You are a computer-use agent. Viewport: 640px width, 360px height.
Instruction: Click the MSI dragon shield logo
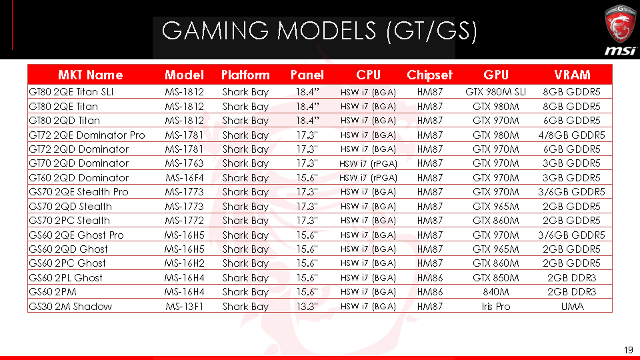coord(620,24)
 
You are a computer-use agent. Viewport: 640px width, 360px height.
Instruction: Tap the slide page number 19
coord(628,350)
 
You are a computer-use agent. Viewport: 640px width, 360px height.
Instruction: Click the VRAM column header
coord(572,75)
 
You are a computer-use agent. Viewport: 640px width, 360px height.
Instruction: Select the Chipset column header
coord(429,75)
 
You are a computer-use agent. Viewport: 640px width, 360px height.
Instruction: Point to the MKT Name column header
coord(90,75)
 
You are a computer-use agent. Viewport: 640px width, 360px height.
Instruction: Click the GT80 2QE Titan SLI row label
coord(71,92)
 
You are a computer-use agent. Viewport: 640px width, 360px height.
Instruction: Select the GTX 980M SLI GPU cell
coord(495,92)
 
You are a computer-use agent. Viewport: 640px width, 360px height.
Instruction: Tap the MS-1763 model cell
coord(184,163)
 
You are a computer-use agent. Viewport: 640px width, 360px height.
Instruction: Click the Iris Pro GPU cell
coord(495,307)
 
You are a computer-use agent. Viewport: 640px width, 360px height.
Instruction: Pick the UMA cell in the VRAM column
coord(572,307)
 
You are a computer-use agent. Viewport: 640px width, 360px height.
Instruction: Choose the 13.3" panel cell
coord(307,306)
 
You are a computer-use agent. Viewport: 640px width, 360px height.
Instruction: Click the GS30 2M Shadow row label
coord(70,307)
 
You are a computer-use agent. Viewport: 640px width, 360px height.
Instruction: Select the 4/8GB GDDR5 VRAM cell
coord(571,135)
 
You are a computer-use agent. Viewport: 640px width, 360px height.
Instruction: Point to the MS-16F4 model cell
coord(185,178)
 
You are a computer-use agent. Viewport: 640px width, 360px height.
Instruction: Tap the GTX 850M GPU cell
coord(495,278)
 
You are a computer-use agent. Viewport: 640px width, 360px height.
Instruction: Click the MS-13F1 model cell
coord(184,307)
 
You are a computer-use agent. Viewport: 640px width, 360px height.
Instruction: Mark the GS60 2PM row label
coord(53,292)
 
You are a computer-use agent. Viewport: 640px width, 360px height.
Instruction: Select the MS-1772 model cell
coord(184,221)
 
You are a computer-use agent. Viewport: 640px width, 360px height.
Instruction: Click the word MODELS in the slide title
coord(326,31)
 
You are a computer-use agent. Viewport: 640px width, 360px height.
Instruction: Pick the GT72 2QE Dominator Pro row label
coord(87,135)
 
